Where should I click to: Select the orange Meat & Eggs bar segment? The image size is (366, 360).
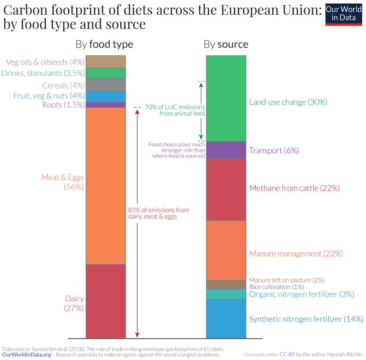(106, 186)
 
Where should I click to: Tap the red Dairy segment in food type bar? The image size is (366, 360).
(106, 301)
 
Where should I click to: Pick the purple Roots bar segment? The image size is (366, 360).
(106, 105)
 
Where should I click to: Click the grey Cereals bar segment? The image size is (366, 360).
(106, 85)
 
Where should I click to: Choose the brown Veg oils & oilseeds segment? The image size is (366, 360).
(106, 62)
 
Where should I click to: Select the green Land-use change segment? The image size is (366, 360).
(226, 98)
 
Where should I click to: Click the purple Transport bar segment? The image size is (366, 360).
(226, 150)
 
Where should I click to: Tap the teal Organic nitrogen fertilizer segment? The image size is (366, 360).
(226, 294)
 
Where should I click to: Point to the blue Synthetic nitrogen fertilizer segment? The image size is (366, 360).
(226, 319)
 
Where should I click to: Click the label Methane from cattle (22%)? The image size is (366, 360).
(295, 188)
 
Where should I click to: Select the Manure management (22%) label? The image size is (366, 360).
(296, 253)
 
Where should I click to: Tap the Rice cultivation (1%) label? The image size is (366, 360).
(276, 287)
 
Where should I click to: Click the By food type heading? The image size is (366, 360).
(104, 45)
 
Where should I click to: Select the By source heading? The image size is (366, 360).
(226, 45)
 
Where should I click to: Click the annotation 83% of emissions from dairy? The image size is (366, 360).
(158, 213)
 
